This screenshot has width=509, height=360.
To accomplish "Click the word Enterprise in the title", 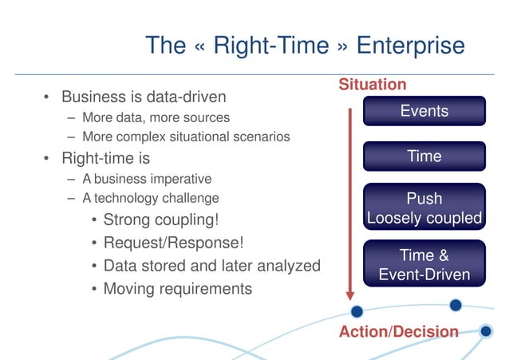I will [410, 45].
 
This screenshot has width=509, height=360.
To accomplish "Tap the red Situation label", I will [372, 85].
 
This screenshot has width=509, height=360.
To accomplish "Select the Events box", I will [424, 111].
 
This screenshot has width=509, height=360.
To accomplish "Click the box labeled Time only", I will [424, 156].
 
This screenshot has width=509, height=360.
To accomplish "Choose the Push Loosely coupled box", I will [424, 208].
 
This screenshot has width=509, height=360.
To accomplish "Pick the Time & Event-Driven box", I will [424, 265].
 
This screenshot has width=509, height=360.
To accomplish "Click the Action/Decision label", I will [398, 331].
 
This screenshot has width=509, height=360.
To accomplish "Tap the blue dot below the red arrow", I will [357, 311].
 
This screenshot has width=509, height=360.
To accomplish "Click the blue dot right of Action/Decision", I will [485, 330].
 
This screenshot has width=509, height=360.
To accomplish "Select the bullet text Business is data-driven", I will [144, 97].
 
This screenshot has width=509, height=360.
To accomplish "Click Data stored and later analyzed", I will [211, 266].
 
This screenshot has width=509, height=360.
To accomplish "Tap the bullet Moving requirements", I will [177, 288].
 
